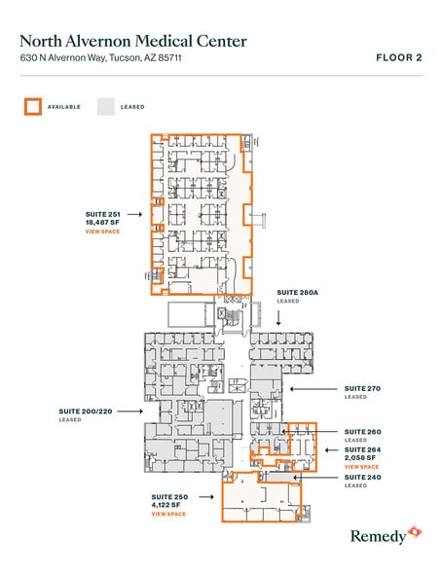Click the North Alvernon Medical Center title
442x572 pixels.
(133, 41)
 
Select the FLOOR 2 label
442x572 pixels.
(398, 58)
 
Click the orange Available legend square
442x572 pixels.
(34, 107)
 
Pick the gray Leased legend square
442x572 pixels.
(105, 107)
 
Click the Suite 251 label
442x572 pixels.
(102, 214)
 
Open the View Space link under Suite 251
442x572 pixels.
(102, 232)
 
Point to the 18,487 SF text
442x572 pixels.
(102, 223)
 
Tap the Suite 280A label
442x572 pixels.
(297, 292)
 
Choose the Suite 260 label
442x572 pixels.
(362, 431)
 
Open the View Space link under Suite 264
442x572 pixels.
(362, 468)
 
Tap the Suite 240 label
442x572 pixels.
(362, 478)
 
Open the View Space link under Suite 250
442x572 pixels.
(168, 514)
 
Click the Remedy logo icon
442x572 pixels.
(416, 532)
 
